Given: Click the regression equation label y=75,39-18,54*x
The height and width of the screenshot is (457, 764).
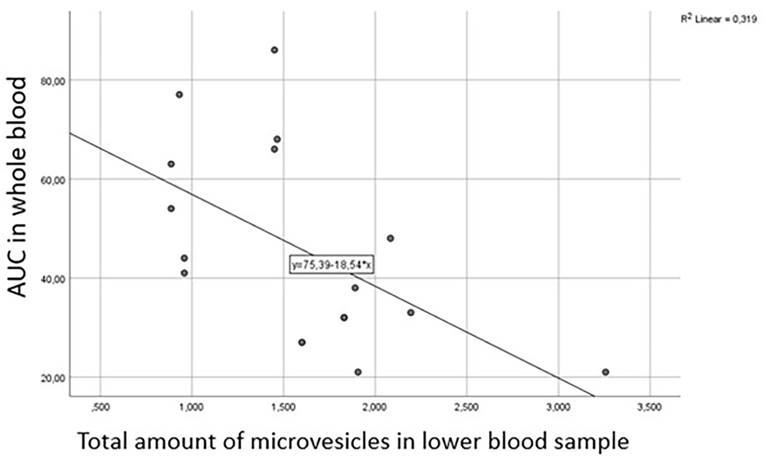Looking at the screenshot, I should tap(331, 265).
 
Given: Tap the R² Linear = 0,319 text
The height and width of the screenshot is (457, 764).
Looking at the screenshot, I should tap(719, 19).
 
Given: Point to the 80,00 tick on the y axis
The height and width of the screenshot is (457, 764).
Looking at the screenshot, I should tap(53, 81).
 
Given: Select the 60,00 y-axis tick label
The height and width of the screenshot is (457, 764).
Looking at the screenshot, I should tap(53, 180).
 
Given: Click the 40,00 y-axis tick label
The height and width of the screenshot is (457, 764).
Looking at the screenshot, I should tap(53, 279).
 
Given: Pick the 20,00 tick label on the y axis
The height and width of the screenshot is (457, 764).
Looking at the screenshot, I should tap(53, 379).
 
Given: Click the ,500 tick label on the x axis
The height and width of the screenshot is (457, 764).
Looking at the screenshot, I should tap(100, 407).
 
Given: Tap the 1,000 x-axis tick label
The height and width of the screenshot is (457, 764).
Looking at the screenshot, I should tap(192, 407).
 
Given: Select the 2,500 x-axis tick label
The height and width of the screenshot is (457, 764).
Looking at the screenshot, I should tap(467, 407).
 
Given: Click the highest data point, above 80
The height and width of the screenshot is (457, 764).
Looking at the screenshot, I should tap(274, 50).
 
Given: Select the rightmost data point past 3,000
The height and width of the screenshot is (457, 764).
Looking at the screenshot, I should tap(605, 372).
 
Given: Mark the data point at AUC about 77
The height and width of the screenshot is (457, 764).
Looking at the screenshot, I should tap(179, 95).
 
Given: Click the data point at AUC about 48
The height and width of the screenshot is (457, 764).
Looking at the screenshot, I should tap(390, 238).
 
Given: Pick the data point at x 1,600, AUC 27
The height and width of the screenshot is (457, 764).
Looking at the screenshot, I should tap(302, 342).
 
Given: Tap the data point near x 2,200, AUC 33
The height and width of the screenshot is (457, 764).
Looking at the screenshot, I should tap(411, 313).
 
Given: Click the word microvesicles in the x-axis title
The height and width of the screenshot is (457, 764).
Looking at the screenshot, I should tap(321, 442).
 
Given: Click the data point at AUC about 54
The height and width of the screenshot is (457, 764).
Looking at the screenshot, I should tap(171, 208).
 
